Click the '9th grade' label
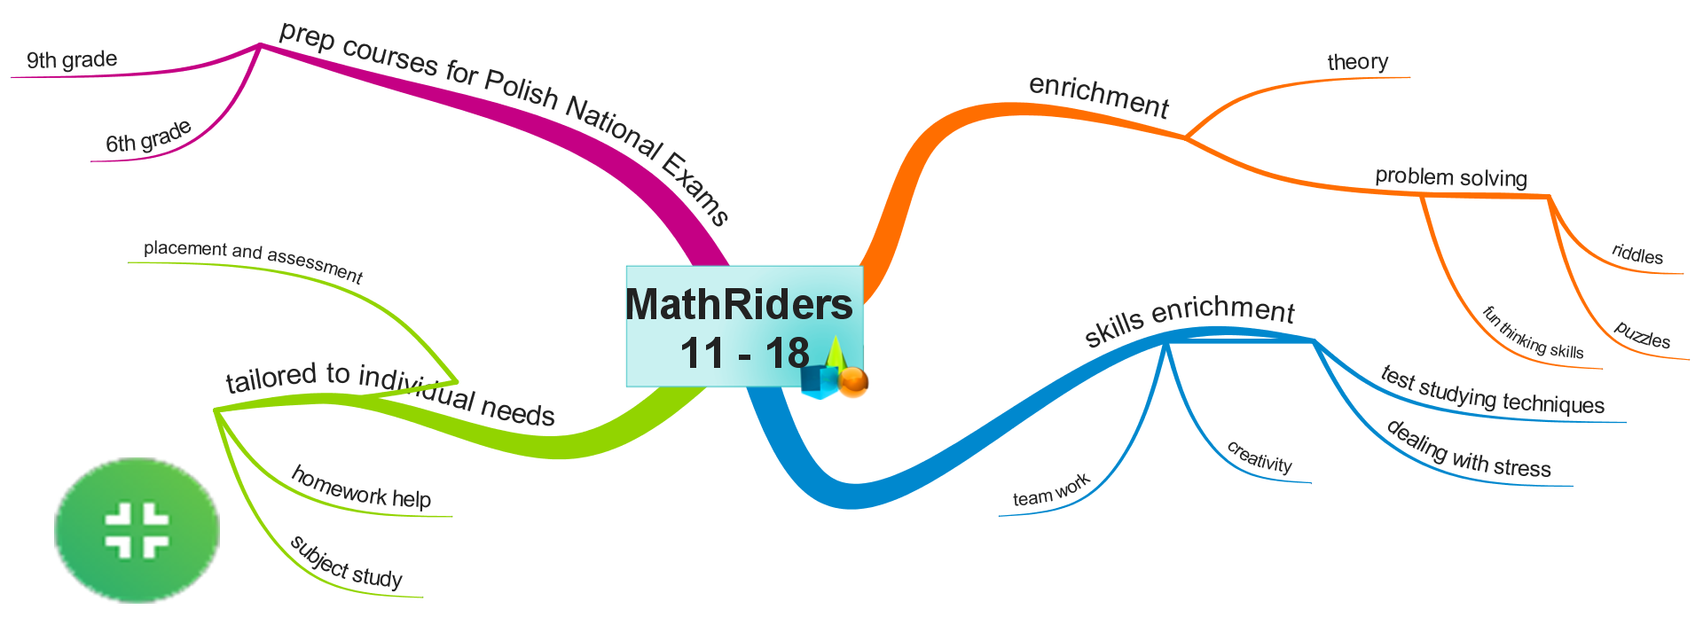72,60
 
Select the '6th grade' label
148,137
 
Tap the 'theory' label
1357,62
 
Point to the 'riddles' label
1637,255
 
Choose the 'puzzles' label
1642,336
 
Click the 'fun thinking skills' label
1533,332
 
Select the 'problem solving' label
1451,177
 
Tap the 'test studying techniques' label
1493,392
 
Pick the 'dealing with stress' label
1469,451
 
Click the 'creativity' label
1260,457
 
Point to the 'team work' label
1051,491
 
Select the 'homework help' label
361,488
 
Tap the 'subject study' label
346,563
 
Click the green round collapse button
137,530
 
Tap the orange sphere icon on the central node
852,381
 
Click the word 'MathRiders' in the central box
739,304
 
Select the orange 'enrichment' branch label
1099,97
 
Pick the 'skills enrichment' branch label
1189,321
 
